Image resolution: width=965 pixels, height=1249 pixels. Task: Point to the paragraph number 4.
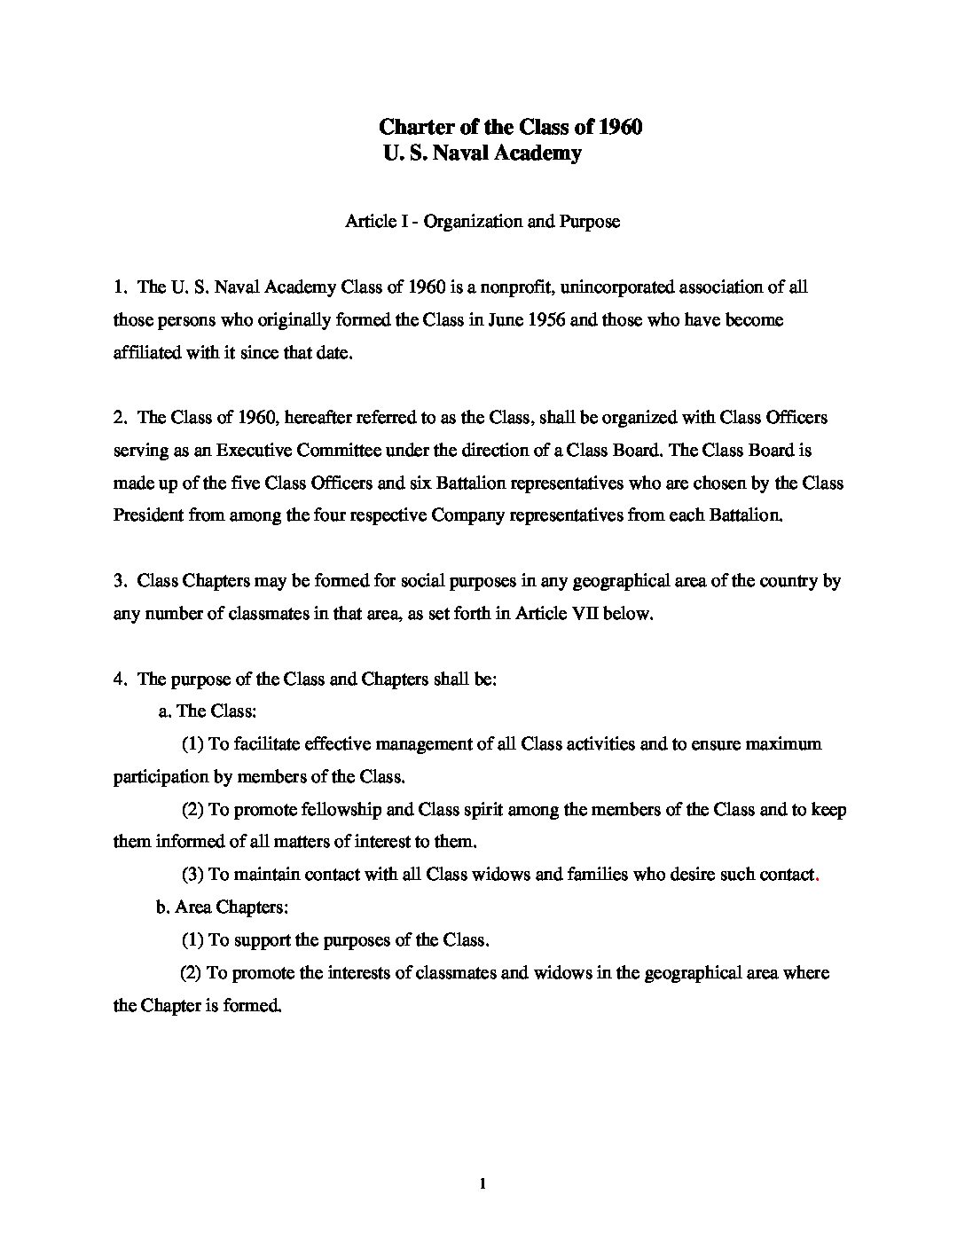[x=118, y=679]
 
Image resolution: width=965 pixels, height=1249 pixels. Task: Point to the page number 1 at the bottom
[x=482, y=1183]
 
